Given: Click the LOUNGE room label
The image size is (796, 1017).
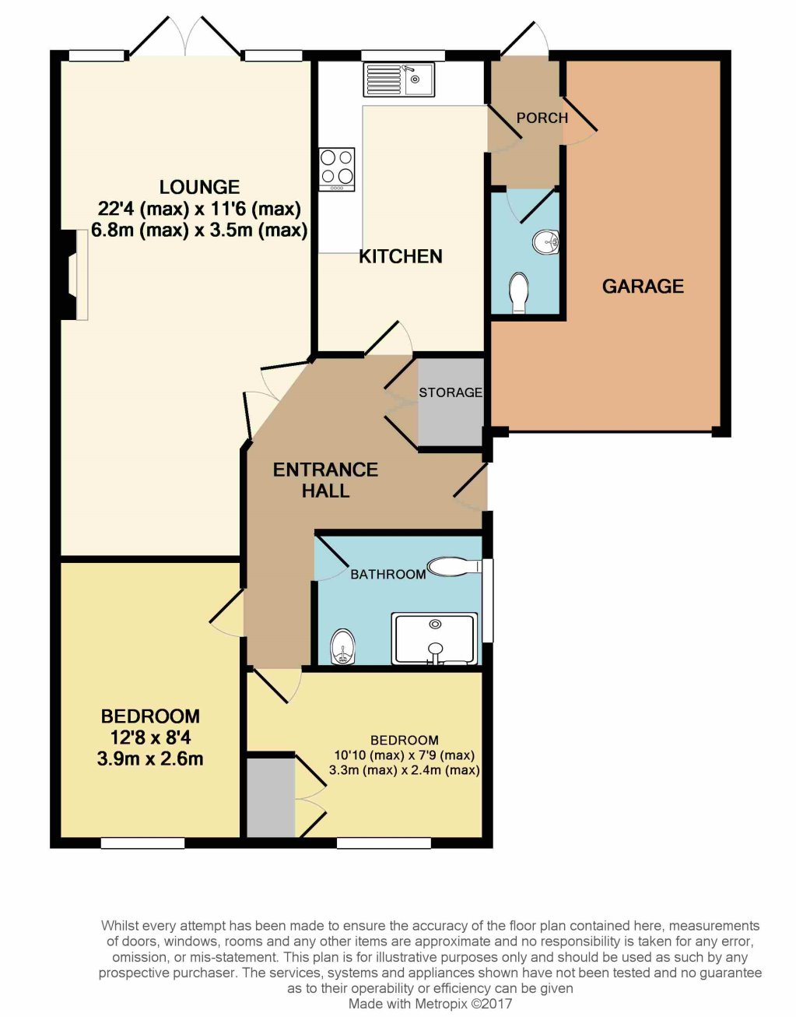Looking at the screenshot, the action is point(199,187).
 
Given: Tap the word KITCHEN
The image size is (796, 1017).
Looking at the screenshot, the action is point(401,256).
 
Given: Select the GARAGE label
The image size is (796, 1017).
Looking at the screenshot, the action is point(643,286).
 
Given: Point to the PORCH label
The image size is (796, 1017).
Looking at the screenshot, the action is point(542,118).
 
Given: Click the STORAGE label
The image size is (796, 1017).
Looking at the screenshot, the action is point(450,392).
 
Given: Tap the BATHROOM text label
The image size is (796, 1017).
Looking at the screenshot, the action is point(388,574).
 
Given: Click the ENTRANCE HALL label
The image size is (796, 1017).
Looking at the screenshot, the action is point(325,480).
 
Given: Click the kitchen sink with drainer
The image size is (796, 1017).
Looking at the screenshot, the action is point(399,79).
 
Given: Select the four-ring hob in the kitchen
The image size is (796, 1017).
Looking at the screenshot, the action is point(337,169).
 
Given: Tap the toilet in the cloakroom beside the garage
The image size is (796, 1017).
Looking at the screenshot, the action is point(519,293).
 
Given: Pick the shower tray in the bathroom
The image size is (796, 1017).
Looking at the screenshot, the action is point(436,639).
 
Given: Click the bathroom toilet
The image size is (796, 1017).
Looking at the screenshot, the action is point(454,566).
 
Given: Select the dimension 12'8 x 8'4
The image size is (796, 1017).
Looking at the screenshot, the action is point(151,738).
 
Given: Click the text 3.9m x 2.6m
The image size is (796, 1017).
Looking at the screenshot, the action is point(150,758).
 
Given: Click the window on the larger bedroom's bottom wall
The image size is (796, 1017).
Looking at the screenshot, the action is point(142,843).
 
